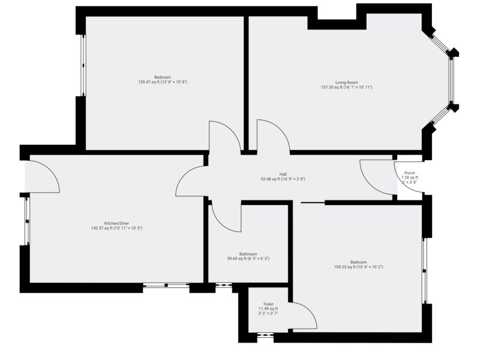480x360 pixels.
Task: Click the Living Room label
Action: [x=347, y=82]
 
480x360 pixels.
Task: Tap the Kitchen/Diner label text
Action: [x=116, y=223]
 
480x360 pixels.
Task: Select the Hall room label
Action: [x=283, y=175]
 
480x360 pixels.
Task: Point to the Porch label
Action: [x=410, y=173]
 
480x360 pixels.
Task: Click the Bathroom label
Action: [x=248, y=254]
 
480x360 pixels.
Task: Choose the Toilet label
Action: [x=268, y=304]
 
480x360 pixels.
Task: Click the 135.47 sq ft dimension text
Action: [x=163, y=82]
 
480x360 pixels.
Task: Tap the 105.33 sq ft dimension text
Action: [x=358, y=267]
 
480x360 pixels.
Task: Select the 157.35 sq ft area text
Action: [x=347, y=87]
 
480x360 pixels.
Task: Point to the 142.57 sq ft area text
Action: [x=116, y=228]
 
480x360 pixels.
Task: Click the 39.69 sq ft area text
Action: [x=248, y=259]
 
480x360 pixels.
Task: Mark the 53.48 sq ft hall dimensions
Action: [x=283, y=179]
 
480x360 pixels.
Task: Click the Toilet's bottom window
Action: [x=265, y=335]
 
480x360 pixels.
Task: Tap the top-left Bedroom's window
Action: [x=83, y=65]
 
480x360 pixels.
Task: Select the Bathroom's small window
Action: [x=223, y=286]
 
